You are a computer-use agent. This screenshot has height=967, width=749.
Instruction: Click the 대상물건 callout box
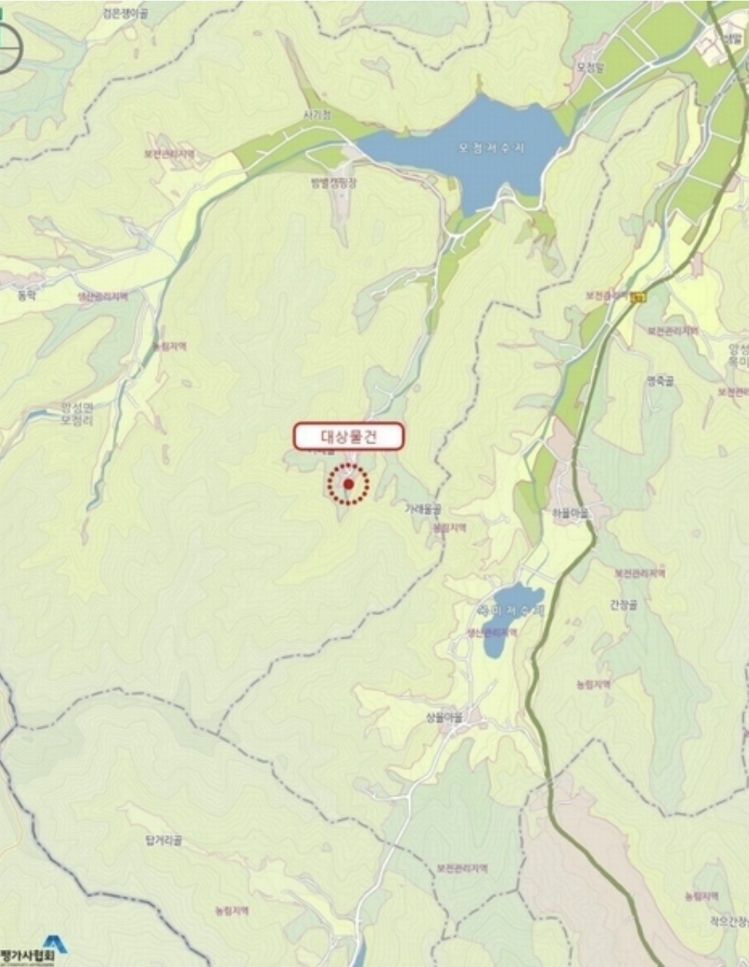click(x=349, y=436)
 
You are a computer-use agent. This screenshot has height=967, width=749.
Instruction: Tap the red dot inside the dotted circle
click(x=349, y=484)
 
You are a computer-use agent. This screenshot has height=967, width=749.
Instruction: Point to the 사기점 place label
click(x=317, y=115)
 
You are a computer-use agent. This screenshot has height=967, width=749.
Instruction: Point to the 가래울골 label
click(x=422, y=510)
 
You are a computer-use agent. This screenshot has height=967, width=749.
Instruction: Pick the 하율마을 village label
click(x=571, y=512)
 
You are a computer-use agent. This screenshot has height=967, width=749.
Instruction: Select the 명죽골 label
click(x=660, y=381)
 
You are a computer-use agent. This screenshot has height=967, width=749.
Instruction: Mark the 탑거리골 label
click(x=163, y=840)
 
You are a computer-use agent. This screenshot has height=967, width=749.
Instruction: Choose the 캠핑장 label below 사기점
click(x=334, y=182)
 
